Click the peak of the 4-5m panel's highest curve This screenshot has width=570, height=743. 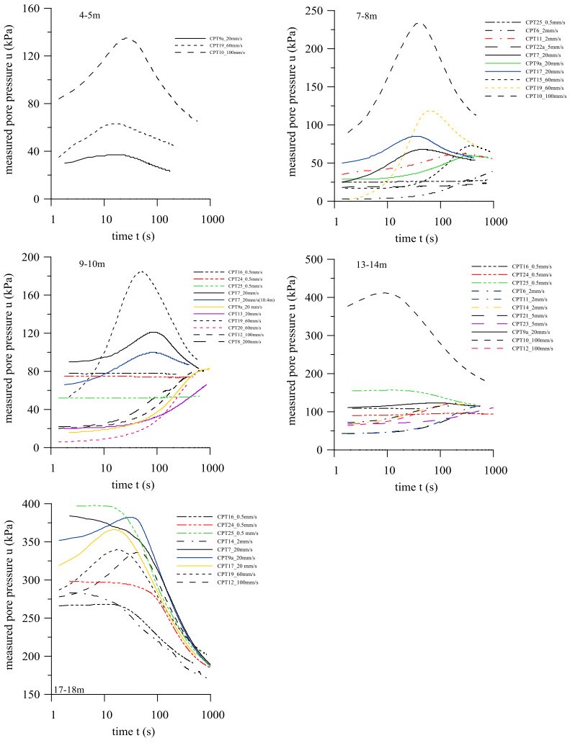point(127,37)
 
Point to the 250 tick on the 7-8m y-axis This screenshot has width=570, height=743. point(314,11)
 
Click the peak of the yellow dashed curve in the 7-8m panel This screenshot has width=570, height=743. point(430,111)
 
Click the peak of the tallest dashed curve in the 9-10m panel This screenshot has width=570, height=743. point(141,271)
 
